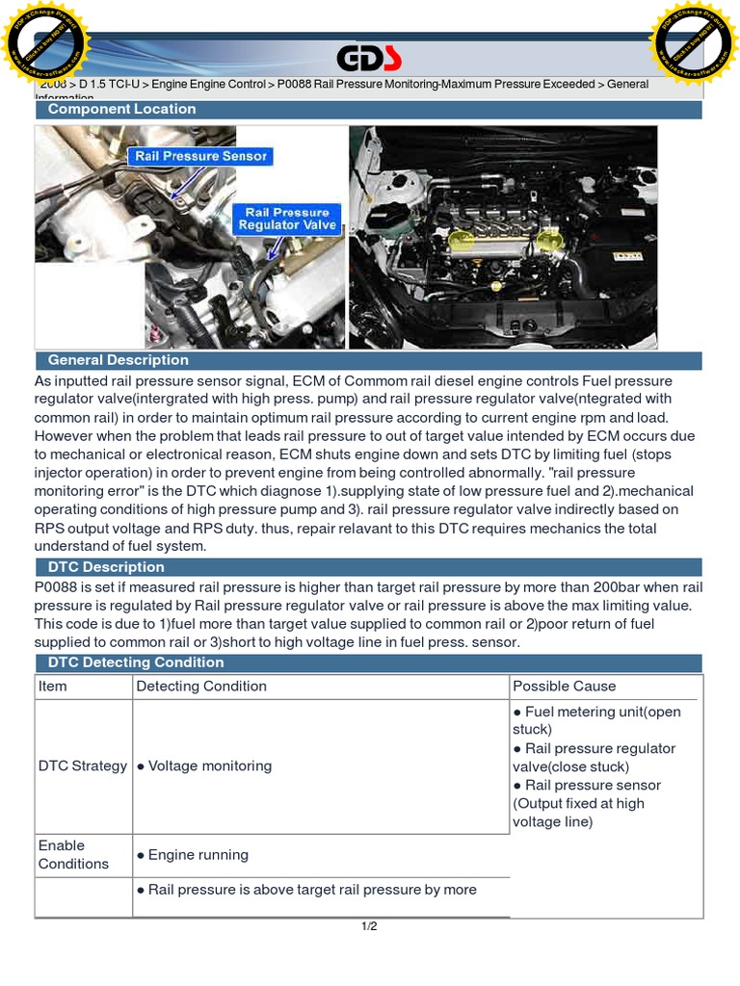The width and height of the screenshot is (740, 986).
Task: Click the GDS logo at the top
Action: coord(369,60)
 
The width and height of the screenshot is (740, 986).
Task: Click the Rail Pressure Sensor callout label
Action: coord(200,156)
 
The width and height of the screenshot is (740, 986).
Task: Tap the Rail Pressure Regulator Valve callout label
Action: coord(287,219)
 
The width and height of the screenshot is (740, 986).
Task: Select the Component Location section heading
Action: coord(121,110)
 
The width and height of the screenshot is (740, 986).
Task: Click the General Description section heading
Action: coord(118,360)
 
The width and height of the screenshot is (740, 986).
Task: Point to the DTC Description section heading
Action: coord(106,567)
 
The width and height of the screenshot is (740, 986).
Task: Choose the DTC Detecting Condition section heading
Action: coord(135,662)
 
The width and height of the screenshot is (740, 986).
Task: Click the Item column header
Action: coord(53,687)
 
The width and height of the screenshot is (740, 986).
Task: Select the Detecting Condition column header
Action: coord(201,687)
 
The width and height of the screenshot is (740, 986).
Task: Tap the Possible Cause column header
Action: coord(564,687)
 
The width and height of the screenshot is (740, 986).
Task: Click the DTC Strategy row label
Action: coord(83,766)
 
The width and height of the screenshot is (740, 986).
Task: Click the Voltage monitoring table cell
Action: coord(204,766)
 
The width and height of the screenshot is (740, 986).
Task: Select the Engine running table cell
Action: coord(193,855)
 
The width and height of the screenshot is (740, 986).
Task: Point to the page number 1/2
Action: coord(369,927)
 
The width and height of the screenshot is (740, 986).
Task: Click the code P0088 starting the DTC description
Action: coord(57,587)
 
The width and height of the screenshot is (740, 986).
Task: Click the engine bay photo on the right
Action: coord(502,236)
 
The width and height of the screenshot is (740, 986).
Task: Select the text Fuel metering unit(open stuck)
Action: coord(597,720)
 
